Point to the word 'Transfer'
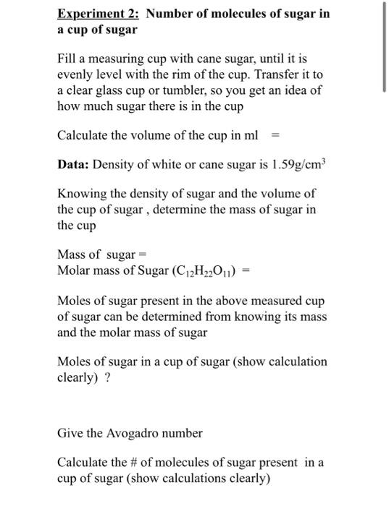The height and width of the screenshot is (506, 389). [280, 75]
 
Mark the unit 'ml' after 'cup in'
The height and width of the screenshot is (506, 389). [249, 134]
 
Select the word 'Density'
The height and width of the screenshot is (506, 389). [121, 164]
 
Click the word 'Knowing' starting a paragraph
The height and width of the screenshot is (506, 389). [81, 194]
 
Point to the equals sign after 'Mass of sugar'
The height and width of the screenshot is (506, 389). [143, 255]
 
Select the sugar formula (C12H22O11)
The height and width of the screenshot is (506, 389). [209, 271]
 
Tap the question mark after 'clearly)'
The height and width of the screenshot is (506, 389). [108, 377]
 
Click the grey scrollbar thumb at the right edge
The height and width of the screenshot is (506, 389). [384, 48]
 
